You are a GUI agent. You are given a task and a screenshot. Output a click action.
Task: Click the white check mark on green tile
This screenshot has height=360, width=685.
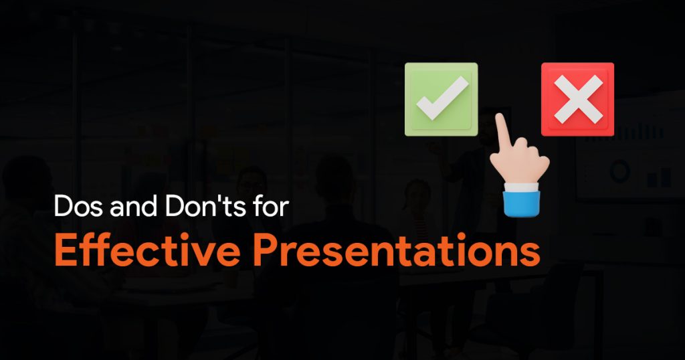pyautogui.click(x=442, y=98)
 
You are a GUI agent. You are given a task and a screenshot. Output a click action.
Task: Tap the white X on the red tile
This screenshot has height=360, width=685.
pyautogui.click(x=578, y=99)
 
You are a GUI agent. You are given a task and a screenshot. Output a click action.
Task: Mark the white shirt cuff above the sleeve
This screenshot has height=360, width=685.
pyautogui.click(x=520, y=187)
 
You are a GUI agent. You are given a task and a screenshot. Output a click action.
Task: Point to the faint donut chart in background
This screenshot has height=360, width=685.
pyautogui.click(x=620, y=171)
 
